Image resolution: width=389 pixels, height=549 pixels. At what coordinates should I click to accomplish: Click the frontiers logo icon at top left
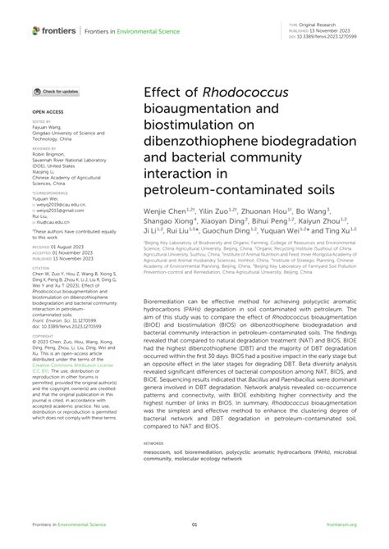point(36,31)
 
